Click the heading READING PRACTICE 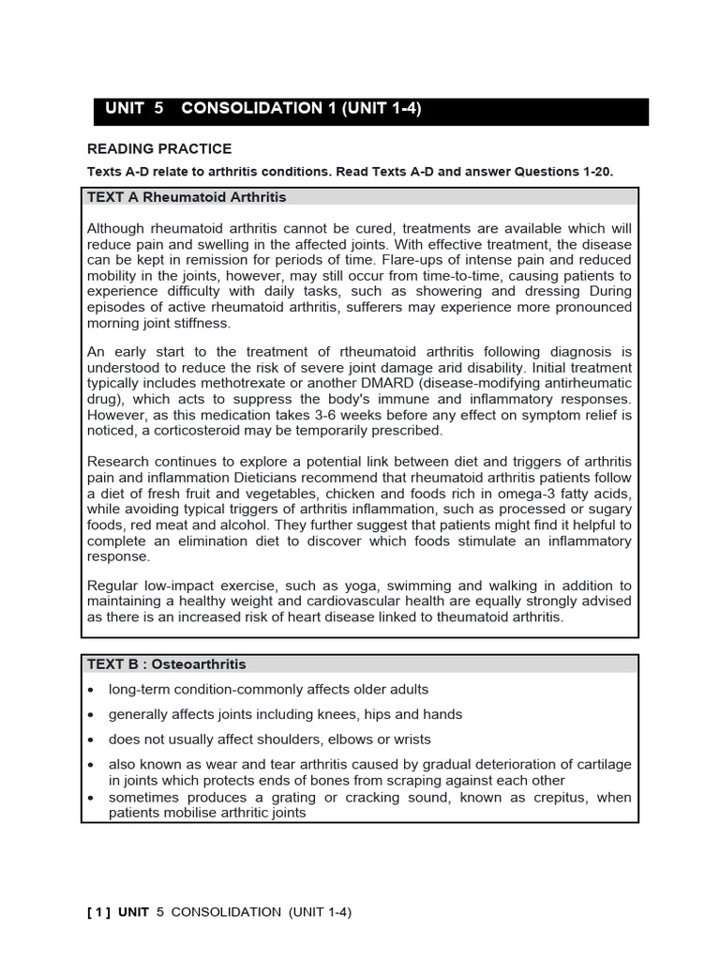point(158,149)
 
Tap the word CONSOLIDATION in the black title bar point(251,108)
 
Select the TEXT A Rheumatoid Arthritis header point(187,198)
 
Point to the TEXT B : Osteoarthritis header point(166,664)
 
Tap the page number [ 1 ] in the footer point(99,911)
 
